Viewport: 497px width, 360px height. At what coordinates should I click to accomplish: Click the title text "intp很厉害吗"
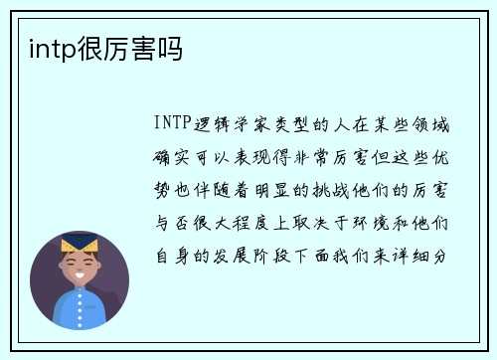click(97, 48)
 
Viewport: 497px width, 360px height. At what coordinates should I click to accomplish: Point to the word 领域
click(438, 125)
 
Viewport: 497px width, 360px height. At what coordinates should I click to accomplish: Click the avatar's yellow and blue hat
click(79, 244)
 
